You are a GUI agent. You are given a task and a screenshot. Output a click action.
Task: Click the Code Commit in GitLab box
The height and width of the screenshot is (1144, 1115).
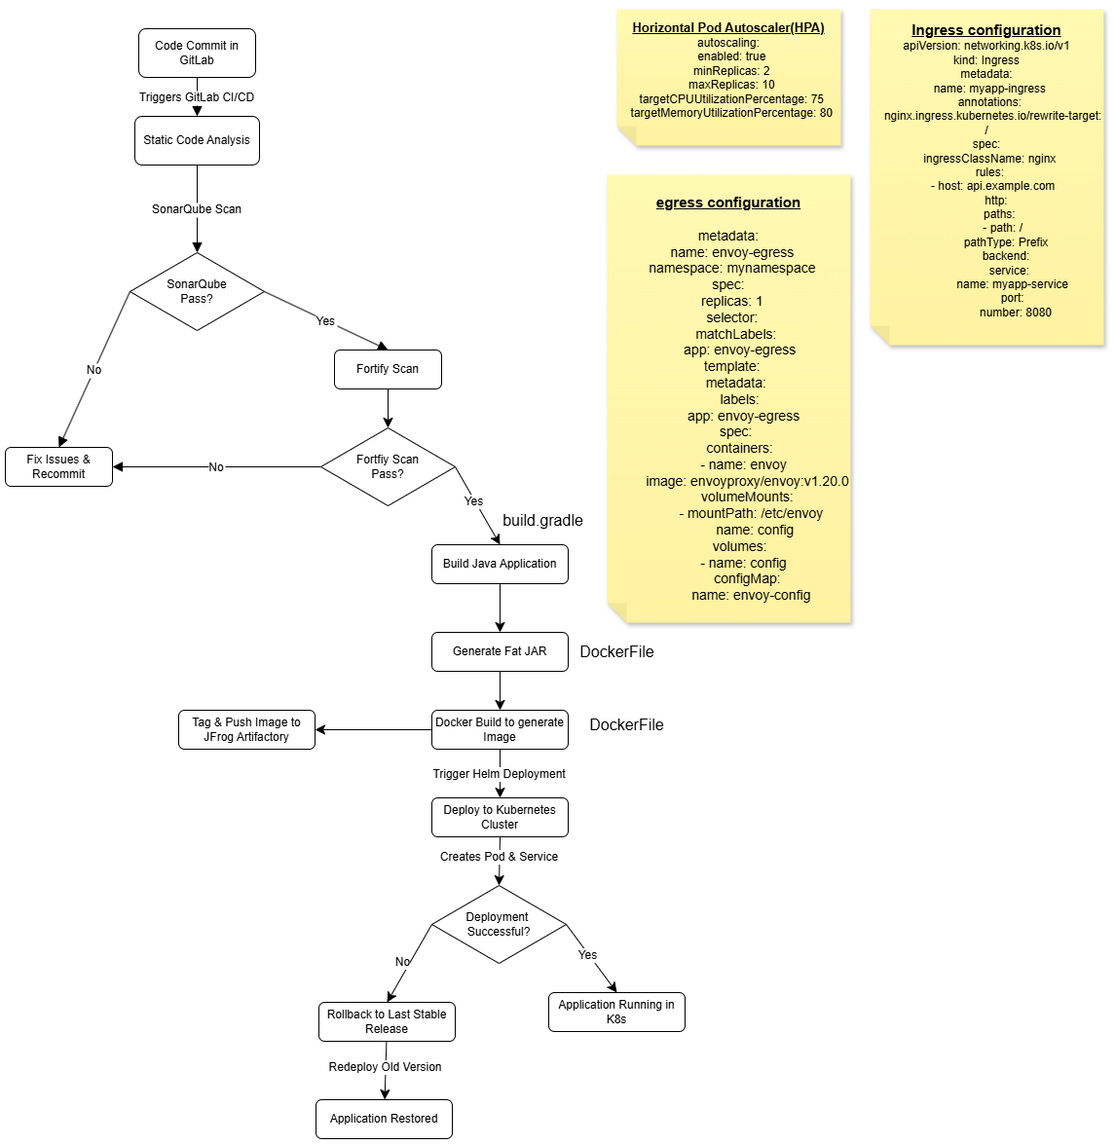[x=197, y=53]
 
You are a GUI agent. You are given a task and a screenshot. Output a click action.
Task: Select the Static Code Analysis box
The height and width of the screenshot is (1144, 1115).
[x=197, y=140]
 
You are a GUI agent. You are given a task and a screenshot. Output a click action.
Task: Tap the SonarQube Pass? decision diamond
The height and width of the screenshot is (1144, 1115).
[x=197, y=291]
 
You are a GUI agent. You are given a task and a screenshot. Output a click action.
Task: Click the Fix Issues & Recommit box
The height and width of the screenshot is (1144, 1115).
[x=58, y=466]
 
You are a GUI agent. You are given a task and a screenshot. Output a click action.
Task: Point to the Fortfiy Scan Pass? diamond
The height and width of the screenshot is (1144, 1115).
[x=388, y=466]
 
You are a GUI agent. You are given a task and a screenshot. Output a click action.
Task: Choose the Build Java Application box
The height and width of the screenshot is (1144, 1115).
[x=500, y=564]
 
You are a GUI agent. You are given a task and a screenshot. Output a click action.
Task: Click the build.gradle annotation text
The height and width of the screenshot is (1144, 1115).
[x=542, y=520]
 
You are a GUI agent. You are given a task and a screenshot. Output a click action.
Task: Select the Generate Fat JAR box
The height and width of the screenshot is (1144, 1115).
[x=500, y=651]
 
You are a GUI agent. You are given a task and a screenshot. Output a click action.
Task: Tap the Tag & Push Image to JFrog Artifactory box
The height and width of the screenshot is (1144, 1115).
[x=246, y=729]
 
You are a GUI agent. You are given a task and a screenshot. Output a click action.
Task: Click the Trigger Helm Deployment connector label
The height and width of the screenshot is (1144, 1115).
[x=499, y=774]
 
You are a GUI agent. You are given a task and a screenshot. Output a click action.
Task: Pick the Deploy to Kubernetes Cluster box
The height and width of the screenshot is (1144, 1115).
[x=500, y=817]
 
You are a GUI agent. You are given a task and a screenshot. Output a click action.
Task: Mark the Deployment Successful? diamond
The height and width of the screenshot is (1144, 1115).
[x=499, y=924]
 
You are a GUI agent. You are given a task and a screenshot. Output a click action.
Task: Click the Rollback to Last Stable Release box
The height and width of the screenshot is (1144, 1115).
[x=387, y=1021]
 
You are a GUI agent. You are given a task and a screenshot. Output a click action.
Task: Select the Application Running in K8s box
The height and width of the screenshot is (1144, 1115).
[x=616, y=1012]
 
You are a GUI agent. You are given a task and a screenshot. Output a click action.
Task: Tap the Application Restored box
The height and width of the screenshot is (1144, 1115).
[x=384, y=1119]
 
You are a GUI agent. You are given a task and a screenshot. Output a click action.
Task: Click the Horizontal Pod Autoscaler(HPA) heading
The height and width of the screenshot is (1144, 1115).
[x=728, y=27]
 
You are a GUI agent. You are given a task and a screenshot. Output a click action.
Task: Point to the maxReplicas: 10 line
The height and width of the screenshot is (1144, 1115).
[x=731, y=85]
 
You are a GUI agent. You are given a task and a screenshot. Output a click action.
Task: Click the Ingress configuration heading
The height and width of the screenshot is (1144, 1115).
[x=985, y=30]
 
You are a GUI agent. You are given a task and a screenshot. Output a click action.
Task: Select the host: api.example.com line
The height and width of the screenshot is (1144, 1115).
[x=992, y=186]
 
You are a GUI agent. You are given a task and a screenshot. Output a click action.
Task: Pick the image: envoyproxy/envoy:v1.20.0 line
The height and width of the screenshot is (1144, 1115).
[x=747, y=481]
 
